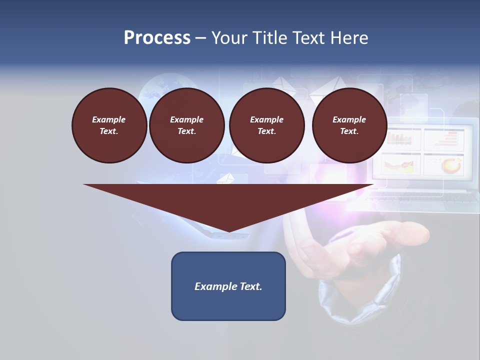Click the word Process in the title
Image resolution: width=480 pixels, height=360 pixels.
click(157, 38)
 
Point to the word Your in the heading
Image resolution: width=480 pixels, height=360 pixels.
click(230, 38)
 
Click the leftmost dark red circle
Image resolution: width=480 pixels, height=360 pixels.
click(109, 125)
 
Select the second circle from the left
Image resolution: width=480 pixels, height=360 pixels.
click(186, 125)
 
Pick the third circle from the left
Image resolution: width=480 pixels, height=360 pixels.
click(266, 125)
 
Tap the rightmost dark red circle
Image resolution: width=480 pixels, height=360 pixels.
click(349, 125)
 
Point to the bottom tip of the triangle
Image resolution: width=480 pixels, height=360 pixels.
click(228, 230)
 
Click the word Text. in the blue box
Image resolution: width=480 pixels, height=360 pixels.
click(251, 286)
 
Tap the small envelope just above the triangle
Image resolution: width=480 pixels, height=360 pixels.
click(226, 177)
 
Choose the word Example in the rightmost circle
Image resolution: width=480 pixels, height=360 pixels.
click(349, 119)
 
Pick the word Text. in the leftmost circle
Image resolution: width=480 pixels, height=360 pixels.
click(109, 131)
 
